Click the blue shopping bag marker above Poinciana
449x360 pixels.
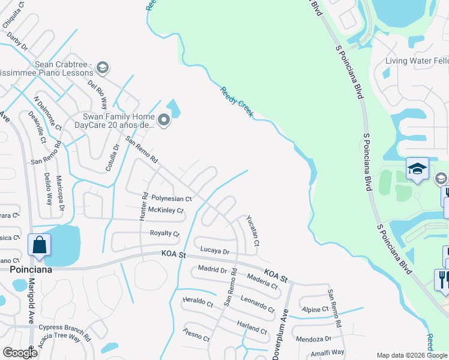[x=39, y=245]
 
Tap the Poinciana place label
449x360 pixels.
[x=31, y=269]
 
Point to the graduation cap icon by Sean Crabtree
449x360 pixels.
[x=103, y=67]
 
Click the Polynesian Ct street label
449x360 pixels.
[x=171, y=198]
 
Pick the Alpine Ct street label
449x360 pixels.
[x=315, y=309]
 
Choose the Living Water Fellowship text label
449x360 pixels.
[x=417, y=61]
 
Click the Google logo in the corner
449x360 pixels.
[x=20, y=352]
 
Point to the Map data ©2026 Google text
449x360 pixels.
[x=412, y=355]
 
